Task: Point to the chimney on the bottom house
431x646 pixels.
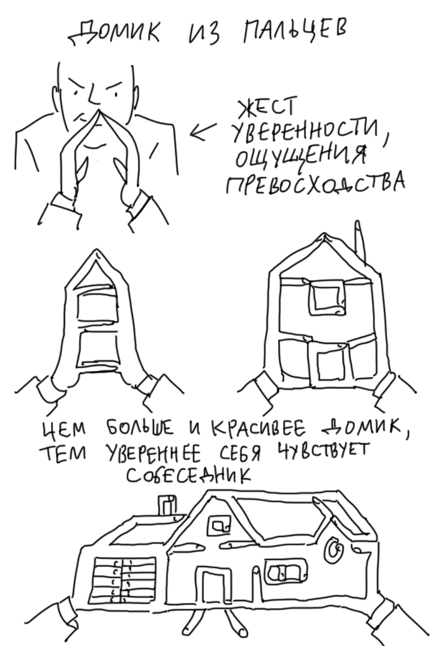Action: click(165, 506)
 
